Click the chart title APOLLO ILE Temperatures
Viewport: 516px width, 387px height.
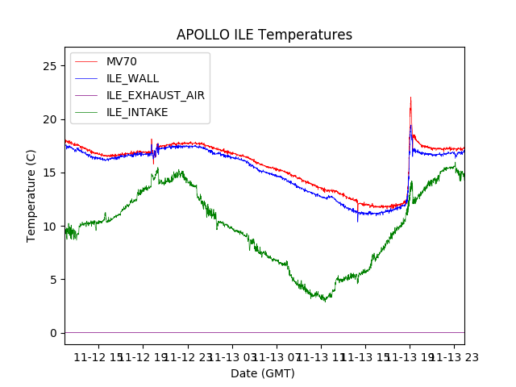pos(264,35)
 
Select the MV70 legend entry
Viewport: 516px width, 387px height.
pos(122,62)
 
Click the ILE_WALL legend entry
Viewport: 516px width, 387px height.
pos(132,78)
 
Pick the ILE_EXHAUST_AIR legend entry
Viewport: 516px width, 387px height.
pos(155,95)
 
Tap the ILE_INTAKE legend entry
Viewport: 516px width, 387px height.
pos(137,112)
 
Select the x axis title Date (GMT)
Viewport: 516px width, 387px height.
pos(263,373)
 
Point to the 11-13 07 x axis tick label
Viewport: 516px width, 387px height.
pos(276,357)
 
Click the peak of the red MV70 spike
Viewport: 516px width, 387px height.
pos(410,98)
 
